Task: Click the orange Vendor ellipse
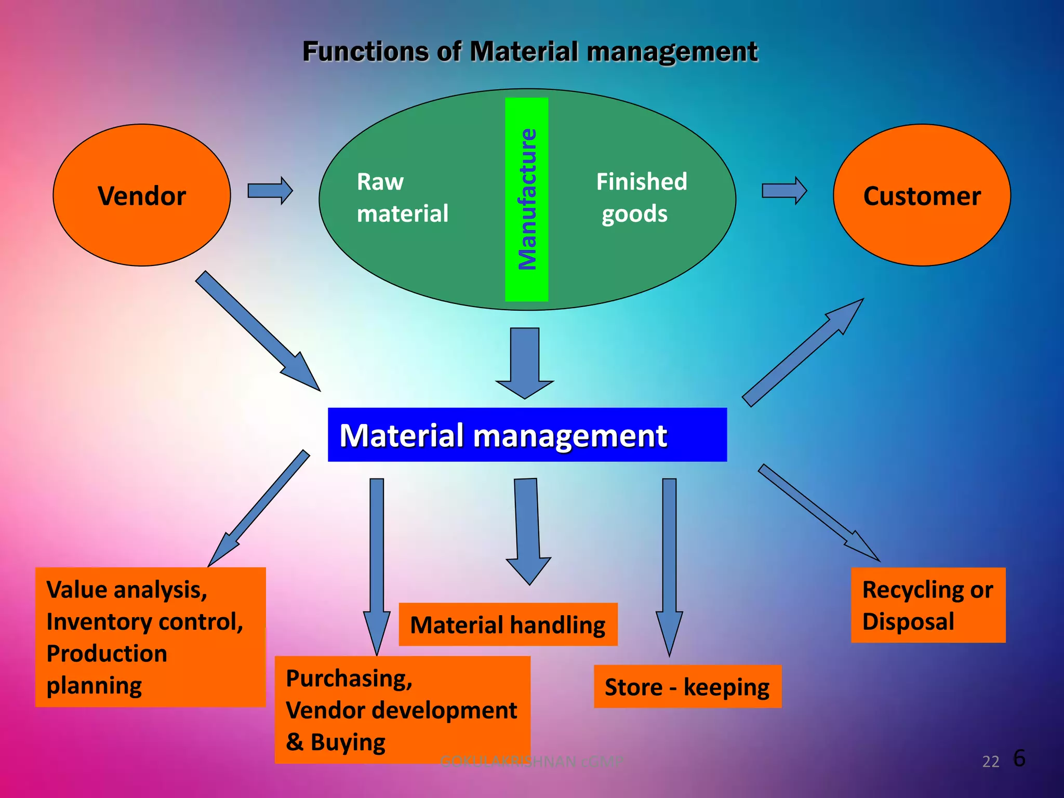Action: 141,195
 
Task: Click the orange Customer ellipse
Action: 921,195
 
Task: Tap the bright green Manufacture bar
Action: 526,199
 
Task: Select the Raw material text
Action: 402,198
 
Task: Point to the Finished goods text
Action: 641,198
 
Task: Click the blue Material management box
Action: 527,435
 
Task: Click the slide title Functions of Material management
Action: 529,52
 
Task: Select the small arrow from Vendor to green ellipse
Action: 270,191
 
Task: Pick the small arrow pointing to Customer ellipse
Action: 784,191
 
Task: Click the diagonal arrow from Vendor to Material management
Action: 257,330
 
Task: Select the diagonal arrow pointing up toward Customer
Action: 803,352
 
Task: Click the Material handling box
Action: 508,624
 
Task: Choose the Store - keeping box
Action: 687,687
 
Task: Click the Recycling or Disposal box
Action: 928,605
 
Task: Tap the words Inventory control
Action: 144,622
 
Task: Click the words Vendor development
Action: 401,710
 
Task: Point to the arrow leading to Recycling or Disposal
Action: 818,512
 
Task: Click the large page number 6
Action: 1019,759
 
